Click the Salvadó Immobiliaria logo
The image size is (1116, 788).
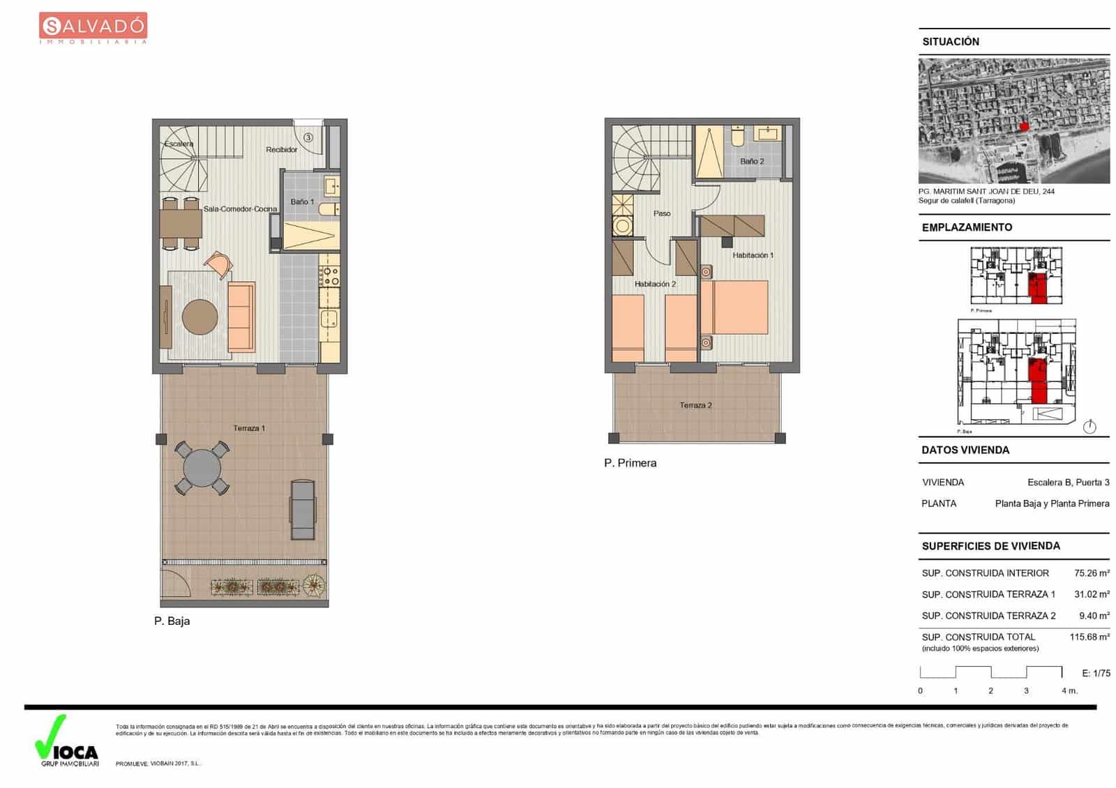[93, 28]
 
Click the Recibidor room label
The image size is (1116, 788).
[281, 149]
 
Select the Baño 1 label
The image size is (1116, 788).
[302, 202]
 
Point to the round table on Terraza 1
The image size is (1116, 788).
[202, 468]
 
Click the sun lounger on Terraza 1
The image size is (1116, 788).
[303, 510]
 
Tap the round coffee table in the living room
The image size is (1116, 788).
[200, 317]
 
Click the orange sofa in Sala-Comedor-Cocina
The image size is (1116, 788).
[241, 316]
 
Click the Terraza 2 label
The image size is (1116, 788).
[695, 405]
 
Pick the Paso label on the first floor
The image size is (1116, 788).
[661, 213]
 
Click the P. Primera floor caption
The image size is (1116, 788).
[630, 463]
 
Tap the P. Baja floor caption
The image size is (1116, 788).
[172, 621]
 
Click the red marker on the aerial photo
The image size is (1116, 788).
[1024, 126]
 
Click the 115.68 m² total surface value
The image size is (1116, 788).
[1089, 637]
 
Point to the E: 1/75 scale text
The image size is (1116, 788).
[1096, 673]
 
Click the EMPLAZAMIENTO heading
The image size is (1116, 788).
[967, 227]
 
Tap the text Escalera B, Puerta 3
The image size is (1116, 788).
[1068, 483]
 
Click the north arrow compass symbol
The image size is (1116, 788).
[1089, 427]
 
